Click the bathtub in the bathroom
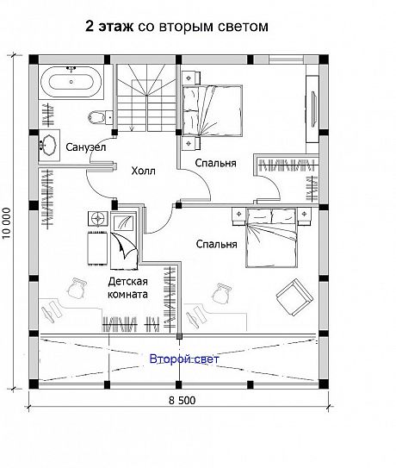click(71, 82)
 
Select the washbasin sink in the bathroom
click(48, 146)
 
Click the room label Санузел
click(85, 147)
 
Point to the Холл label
click(144, 171)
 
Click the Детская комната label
click(127, 288)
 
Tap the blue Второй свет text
click(184, 359)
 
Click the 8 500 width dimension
click(183, 400)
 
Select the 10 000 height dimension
click(7, 223)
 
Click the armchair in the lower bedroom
click(294, 297)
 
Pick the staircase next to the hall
click(146, 97)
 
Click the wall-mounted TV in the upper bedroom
click(313, 109)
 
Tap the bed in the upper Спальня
click(212, 111)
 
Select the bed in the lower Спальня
click(272, 238)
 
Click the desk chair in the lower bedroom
click(222, 293)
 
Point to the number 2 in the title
click(90, 26)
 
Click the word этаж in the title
click(115, 27)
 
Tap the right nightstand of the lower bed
click(304, 216)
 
